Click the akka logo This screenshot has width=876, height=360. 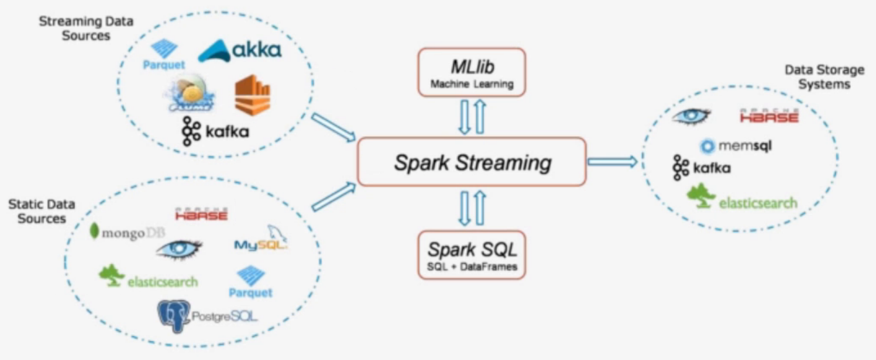coord(239,50)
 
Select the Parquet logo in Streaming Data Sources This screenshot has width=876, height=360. coord(164,54)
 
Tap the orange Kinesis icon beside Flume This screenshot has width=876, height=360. coord(252,95)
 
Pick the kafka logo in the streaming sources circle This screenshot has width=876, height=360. coord(215,132)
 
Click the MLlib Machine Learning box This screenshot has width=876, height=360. coord(472,72)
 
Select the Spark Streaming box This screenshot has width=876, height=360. coord(472,162)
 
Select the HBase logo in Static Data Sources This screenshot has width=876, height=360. coord(201,214)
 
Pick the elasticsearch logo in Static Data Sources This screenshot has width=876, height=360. coord(148,278)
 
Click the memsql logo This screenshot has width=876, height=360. coord(735,146)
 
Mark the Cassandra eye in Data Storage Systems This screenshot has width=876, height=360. coord(691,116)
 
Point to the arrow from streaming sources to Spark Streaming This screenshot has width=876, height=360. coord(333,127)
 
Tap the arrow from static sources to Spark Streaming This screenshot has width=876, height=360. coord(333,197)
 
